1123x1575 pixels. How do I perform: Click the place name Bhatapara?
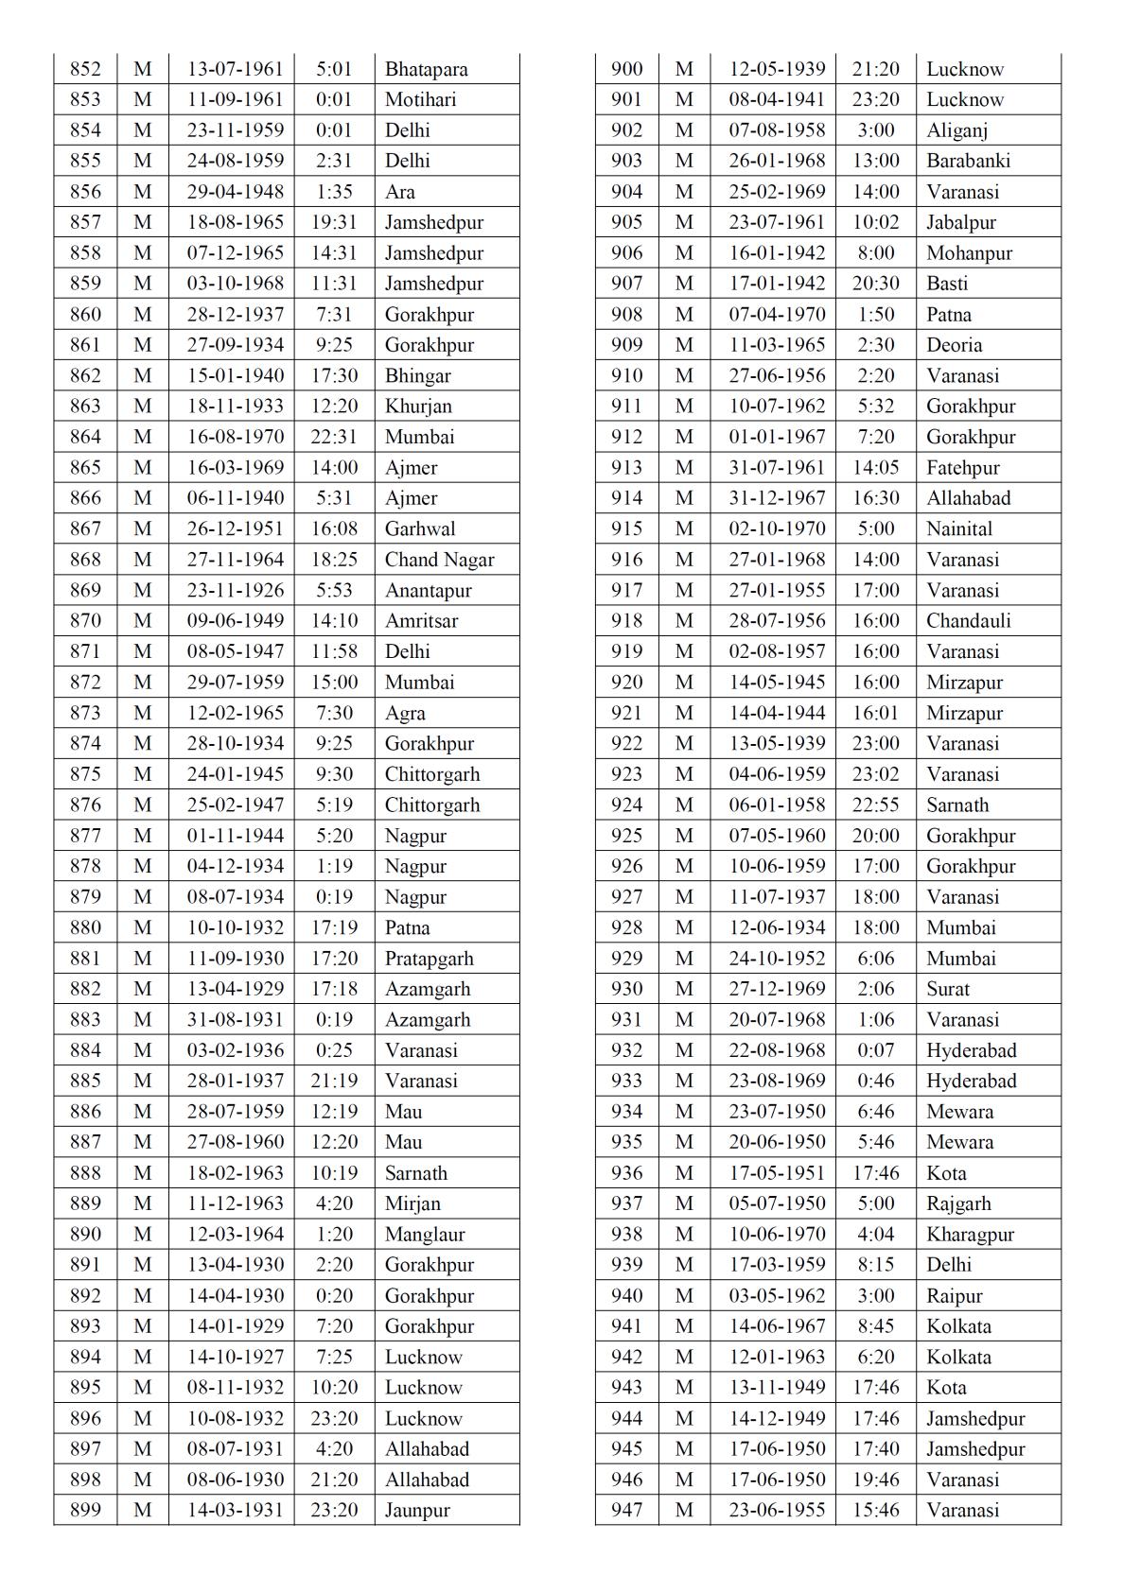tap(426, 69)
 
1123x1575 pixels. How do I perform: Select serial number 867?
tap(85, 528)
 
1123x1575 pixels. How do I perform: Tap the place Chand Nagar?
tap(439, 560)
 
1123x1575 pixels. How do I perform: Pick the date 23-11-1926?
tap(235, 590)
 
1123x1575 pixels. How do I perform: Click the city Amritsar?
tap(421, 621)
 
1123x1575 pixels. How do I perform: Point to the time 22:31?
tap(334, 437)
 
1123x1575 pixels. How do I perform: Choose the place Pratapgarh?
tap(429, 959)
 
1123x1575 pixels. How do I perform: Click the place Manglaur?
tap(425, 1235)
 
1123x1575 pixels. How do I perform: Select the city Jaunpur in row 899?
tap(417, 1511)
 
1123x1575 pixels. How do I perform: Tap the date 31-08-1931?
tap(235, 1020)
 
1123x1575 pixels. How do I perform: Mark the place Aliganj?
tap(957, 130)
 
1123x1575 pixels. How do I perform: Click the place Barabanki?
tap(969, 161)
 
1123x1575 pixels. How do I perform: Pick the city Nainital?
tap(959, 528)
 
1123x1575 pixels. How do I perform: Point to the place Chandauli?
tap(969, 621)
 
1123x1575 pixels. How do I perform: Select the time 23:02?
tap(875, 774)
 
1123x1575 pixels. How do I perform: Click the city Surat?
tap(948, 989)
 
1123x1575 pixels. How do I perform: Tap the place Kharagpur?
tap(970, 1235)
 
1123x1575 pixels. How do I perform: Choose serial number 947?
tap(626, 1511)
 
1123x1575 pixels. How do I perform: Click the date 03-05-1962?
tap(777, 1296)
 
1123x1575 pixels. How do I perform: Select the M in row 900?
tap(684, 69)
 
